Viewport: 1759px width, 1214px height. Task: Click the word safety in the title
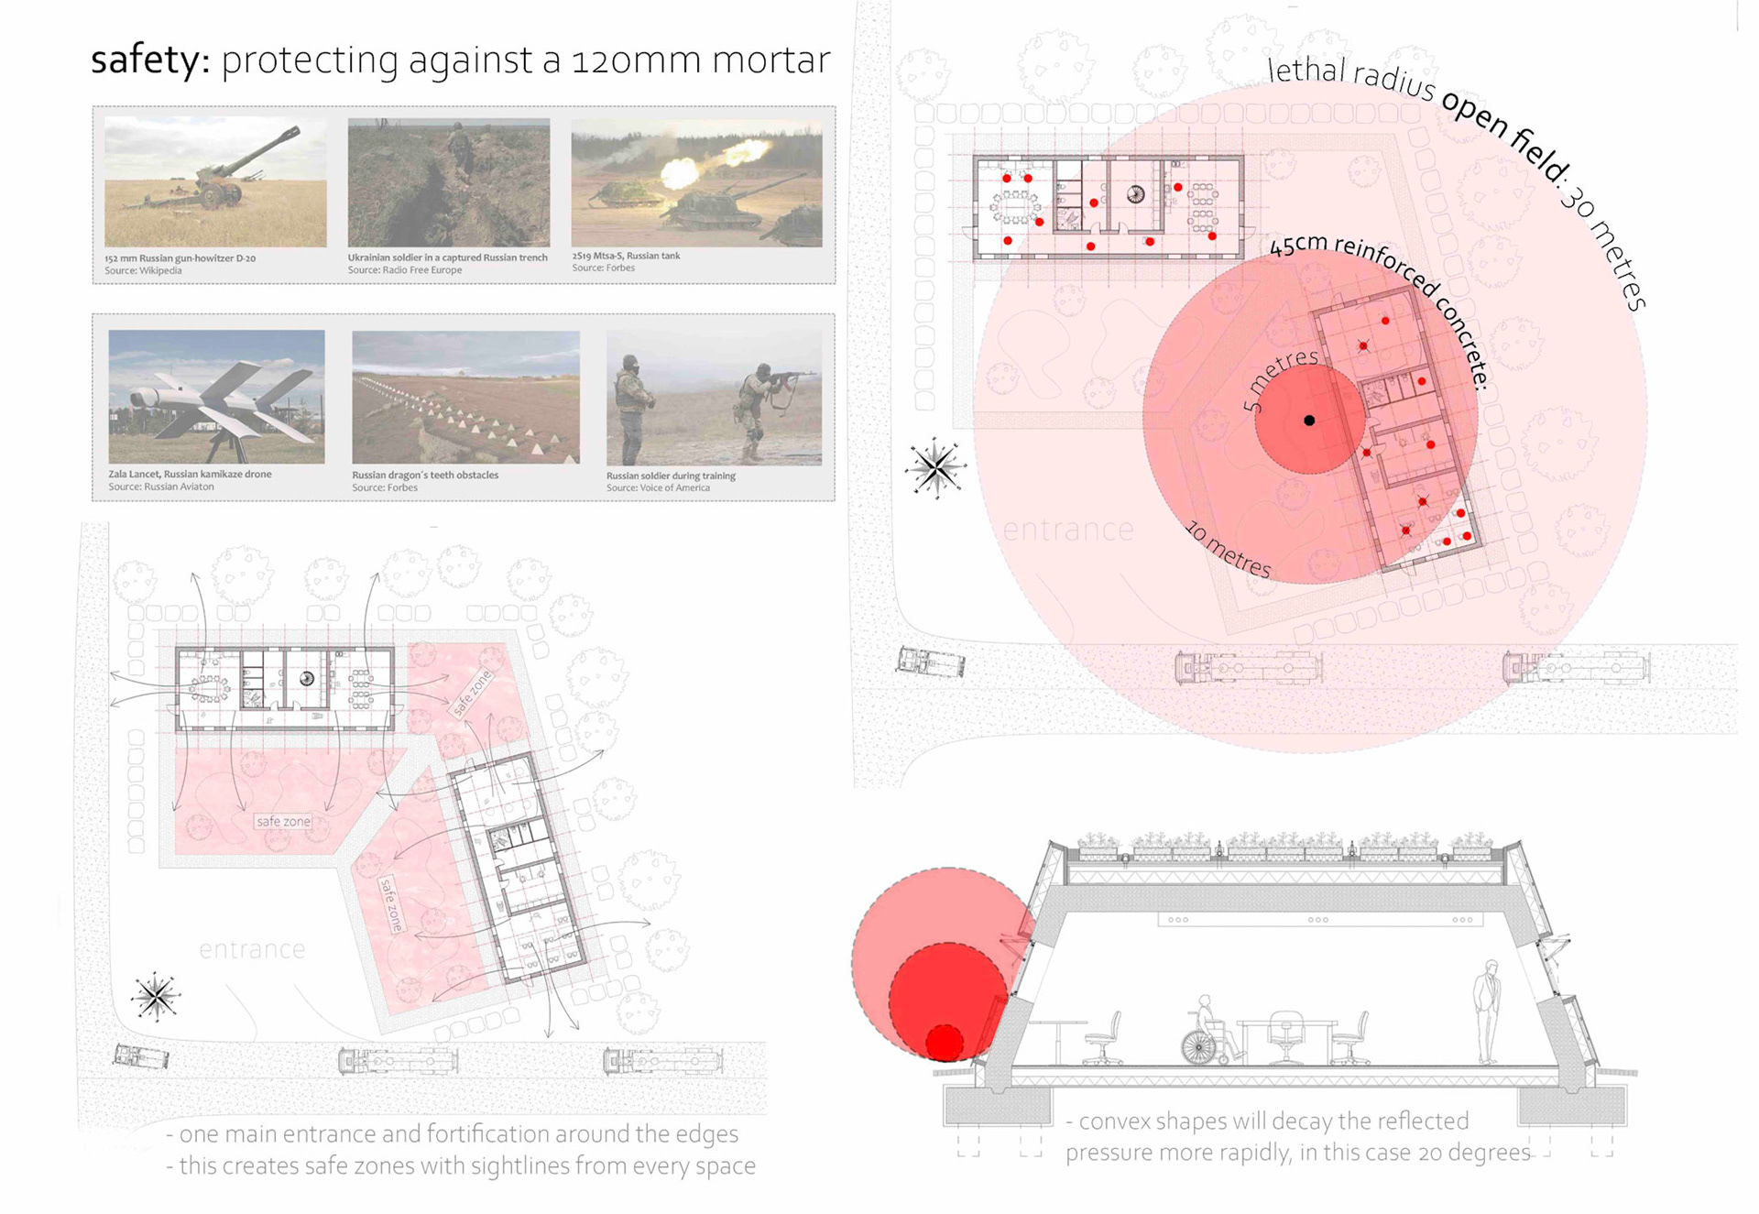[145, 60]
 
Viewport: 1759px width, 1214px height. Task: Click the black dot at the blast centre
[1309, 421]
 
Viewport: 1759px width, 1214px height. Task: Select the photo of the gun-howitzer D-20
[215, 182]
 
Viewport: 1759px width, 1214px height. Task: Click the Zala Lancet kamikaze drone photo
[216, 397]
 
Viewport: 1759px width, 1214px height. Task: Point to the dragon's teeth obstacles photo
[465, 397]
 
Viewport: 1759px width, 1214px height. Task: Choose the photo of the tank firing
[696, 182]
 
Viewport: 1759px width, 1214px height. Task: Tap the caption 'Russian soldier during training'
[671, 476]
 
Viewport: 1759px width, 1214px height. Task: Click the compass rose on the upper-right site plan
[935, 468]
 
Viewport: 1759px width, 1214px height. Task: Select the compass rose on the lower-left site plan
[156, 996]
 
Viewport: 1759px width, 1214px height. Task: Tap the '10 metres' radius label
[1229, 550]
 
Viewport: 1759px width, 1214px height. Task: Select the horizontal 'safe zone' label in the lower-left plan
[283, 822]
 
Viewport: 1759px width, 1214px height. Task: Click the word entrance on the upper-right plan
[1068, 530]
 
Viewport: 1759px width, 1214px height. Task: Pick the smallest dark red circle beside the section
[945, 1043]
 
